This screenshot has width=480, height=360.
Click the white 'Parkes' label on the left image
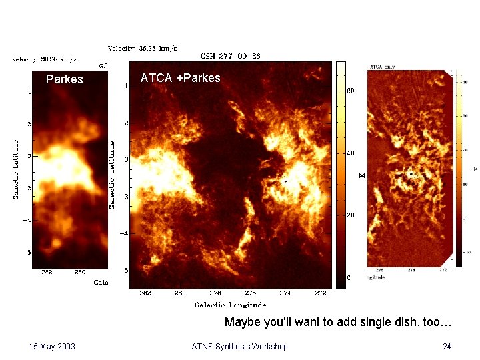click(x=65, y=79)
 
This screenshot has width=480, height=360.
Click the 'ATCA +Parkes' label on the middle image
click(x=180, y=78)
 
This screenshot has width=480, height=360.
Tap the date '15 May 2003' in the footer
click(x=52, y=346)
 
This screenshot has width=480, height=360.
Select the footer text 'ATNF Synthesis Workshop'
click(x=239, y=346)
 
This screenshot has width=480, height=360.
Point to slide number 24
click(x=447, y=346)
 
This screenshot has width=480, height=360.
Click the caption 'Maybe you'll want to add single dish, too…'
click(x=338, y=323)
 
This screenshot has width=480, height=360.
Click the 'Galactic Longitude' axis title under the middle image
click(x=231, y=305)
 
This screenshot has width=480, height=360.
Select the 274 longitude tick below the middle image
click(x=285, y=293)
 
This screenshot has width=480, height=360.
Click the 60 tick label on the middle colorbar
click(x=351, y=91)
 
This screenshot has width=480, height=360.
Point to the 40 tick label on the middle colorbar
click(x=351, y=153)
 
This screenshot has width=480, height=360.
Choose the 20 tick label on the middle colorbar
click(x=351, y=215)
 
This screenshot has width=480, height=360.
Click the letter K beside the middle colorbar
click(x=362, y=175)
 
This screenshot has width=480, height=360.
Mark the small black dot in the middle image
click(x=285, y=181)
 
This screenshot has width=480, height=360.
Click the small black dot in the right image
click(x=411, y=174)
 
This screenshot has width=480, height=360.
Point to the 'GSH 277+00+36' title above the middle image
click(x=231, y=55)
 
